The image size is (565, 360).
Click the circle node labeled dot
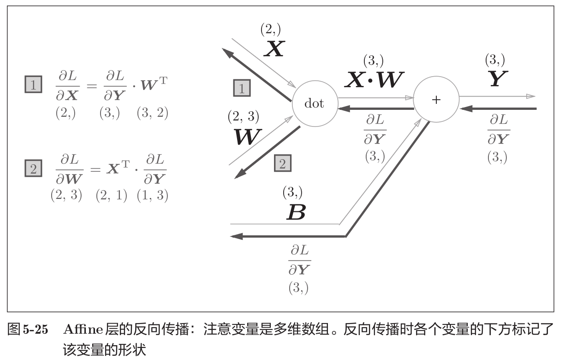tap(315, 104)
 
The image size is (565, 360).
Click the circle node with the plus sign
tap(435, 100)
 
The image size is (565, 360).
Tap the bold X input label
tap(274, 49)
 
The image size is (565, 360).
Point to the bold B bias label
tap(296, 212)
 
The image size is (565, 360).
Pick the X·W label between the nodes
tap(374, 81)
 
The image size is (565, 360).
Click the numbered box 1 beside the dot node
tap(242, 88)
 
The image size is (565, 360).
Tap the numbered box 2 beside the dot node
tap(283, 163)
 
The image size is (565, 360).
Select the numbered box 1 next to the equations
tap(33, 84)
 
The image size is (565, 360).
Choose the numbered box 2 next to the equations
tap(33, 168)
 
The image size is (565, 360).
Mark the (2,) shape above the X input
tap(270, 30)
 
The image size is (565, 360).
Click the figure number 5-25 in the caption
tap(36, 330)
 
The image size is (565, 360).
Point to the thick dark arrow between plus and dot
tap(375, 109)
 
